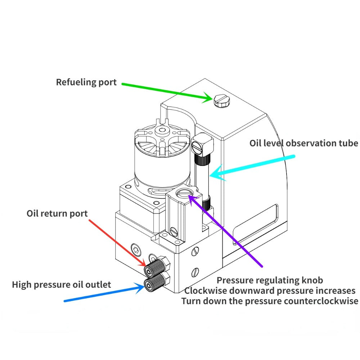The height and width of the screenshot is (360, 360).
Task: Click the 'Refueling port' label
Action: pyautogui.click(x=86, y=82)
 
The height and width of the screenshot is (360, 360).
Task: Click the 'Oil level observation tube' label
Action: pyautogui.click(x=303, y=143)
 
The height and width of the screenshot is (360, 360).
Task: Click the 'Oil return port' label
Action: pyautogui.click(x=57, y=213)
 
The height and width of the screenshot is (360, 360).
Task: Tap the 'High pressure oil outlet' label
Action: pyautogui.click(x=62, y=285)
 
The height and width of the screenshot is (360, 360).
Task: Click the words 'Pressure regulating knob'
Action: pyautogui.click(x=270, y=280)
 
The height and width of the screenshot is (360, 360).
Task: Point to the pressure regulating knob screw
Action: pyautogui.click(x=185, y=194)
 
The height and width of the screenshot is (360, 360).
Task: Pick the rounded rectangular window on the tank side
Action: pyautogui.click(x=256, y=224)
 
